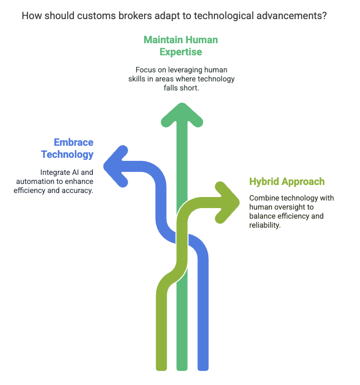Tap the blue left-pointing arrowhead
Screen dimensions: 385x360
pyautogui.click(x=114, y=166)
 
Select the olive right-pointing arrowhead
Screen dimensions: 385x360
pyautogui.click(x=227, y=202)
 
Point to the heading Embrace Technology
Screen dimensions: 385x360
pyautogui.click(x=67, y=148)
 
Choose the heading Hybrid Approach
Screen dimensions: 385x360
pyautogui.click(x=287, y=181)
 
